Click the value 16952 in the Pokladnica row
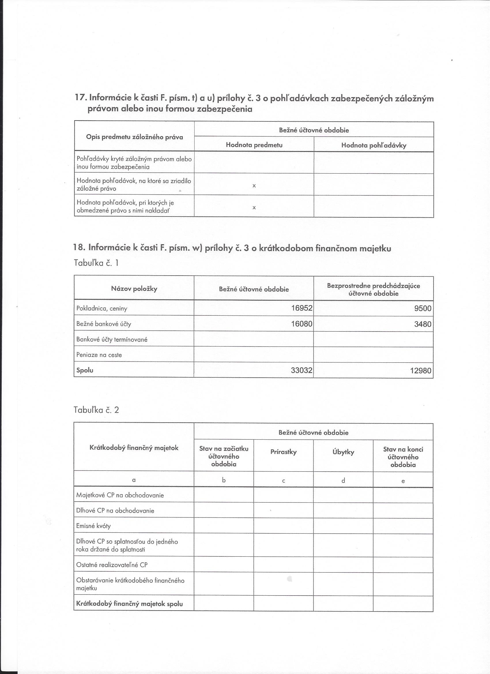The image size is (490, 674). coord(301,308)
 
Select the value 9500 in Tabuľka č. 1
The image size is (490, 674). coord(423,308)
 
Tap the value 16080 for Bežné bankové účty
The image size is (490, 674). coord(301,324)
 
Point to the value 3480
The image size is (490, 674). coord(423,324)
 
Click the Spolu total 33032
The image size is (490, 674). coord(301,370)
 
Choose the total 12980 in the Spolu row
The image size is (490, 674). coord(421,370)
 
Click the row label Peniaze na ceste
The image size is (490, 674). coord(99,355)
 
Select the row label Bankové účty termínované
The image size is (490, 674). coord(112,339)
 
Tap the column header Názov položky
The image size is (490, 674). coord(134,288)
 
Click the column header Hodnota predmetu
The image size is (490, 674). coord(254,145)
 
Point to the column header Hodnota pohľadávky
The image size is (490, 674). coord(374,145)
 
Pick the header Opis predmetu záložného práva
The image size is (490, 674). coord(134,137)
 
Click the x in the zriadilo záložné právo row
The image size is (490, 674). coord(254,186)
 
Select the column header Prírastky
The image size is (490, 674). coord(284,452)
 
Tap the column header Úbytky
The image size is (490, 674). coord(343,452)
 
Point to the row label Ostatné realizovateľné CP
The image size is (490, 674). coord(112,565)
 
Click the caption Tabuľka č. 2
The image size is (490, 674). coord(96,410)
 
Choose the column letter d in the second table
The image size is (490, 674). coord(343,481)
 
